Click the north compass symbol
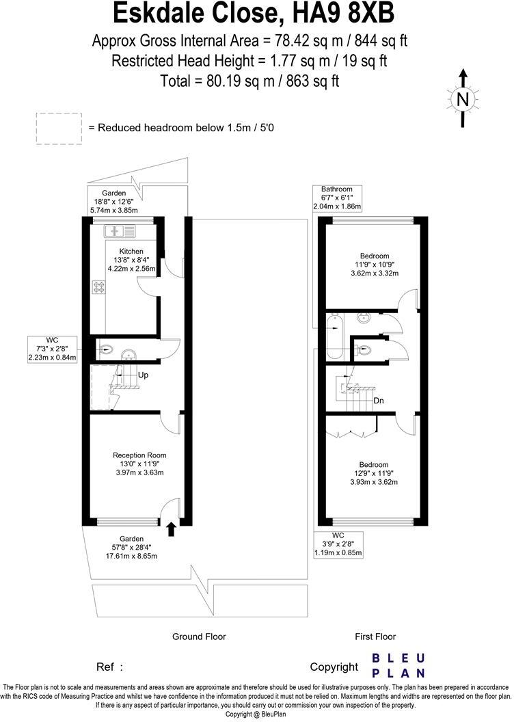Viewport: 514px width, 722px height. (x=463, y=99)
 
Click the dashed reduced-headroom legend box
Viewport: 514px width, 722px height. (x=59, y=129)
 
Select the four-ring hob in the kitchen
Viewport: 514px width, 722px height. (x=98, y=288)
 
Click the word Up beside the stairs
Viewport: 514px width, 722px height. (x=144, y=375)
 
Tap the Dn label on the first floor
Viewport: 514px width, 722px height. (x=378, y=401)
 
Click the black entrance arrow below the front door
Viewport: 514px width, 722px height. (x=171, y=527)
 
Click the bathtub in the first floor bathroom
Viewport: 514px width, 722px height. (x=335, y=338)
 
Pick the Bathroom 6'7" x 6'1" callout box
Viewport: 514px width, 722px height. (x=337, y=198)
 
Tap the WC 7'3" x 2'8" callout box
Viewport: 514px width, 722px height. (x=52, y=349)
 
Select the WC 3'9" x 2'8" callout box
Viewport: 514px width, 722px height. (x=338, y=544)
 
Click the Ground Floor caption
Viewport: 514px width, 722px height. (x=198, y=637)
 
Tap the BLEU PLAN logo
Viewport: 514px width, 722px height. (x=398, y=665)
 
